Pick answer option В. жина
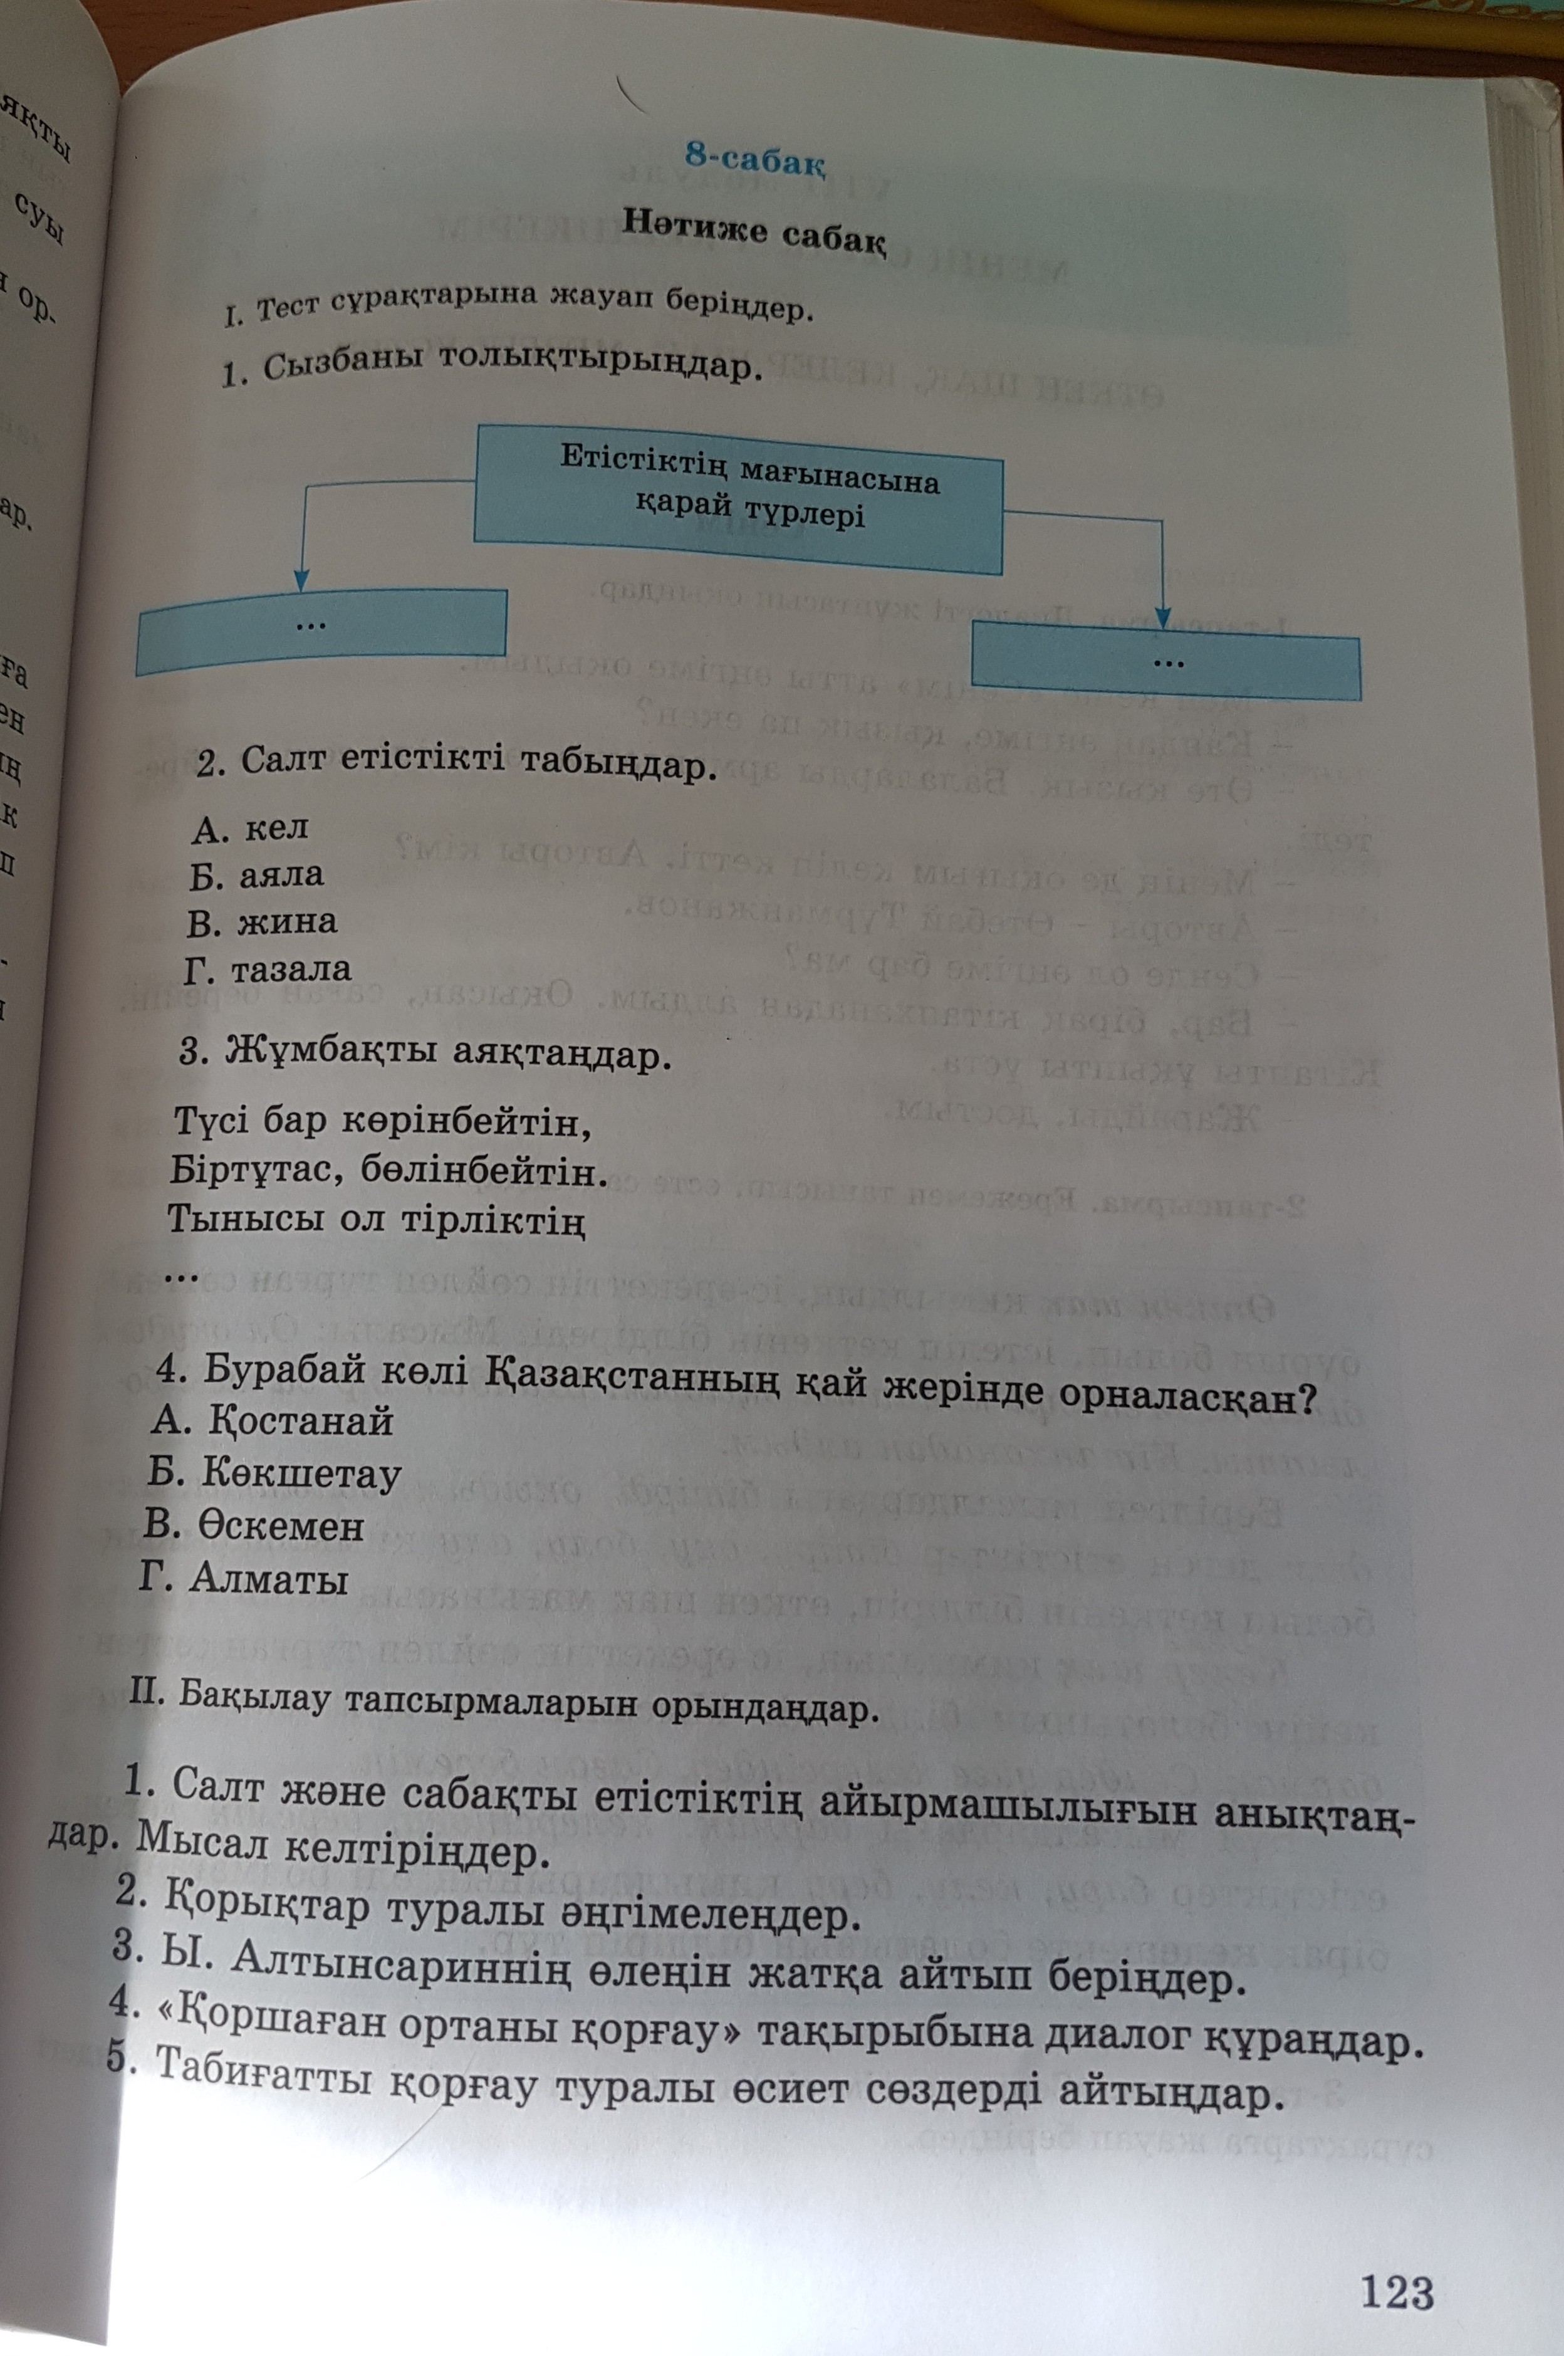[261, 921]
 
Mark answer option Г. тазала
[268, 968]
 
